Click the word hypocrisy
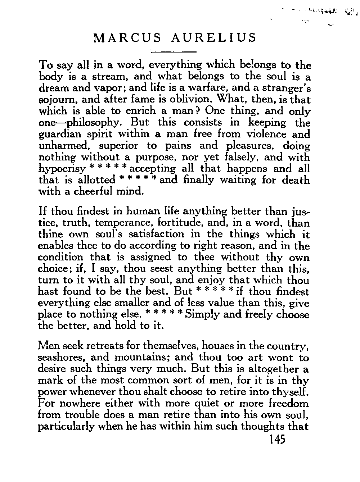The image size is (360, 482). [62, 169]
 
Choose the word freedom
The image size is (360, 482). [287, 404]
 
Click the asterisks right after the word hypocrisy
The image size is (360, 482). [108, 168]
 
